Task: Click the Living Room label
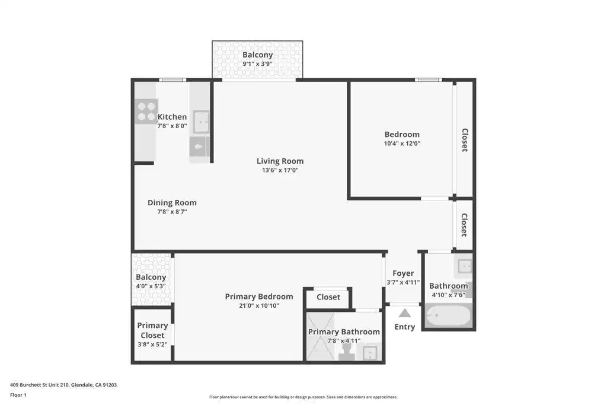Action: pos(280,161)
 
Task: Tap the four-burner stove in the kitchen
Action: pos(146,111)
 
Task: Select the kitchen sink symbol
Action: pos(201,122)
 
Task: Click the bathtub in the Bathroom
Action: pos(448,315)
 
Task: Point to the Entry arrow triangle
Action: pos(404,313)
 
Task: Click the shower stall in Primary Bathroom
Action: pos(320,336)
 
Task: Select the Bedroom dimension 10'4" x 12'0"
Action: pos(402,143)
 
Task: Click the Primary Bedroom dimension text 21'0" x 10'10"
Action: pos(258,305)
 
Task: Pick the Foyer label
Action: pos(403,273)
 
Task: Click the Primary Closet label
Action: pos(152,330)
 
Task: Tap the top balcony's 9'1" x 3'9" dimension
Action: pos(257,64)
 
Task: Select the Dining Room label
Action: pos(172,203)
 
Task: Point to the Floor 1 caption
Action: pos(18,395)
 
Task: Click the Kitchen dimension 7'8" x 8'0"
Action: pos(172,126)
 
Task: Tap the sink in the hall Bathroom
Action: pos(464,266)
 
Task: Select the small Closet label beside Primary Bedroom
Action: pos(328,297)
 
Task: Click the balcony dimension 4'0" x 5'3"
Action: pos(151,286)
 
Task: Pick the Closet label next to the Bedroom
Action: pos(465,140)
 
